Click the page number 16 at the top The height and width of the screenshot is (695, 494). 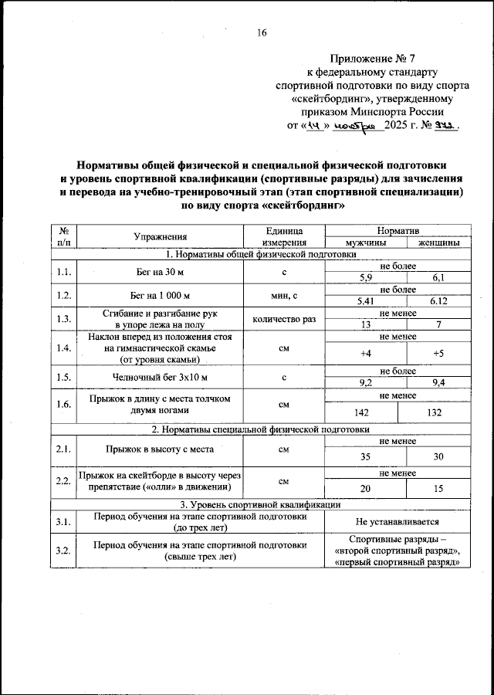click(x=262, y=32)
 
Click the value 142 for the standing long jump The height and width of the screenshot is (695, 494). click(x=361, y=412)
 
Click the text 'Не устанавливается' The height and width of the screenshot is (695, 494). click(x=398, y=523)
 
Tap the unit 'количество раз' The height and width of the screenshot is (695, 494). click(x=283, y=319)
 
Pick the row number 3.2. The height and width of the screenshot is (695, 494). click(x=63, y=550)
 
